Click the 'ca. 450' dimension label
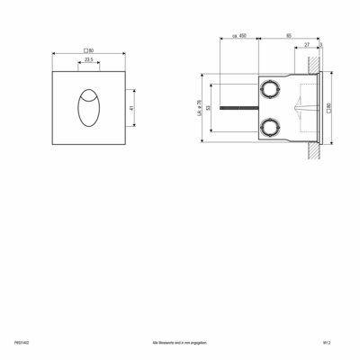point(239,38)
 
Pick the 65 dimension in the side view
point(287,38)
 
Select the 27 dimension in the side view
point(307,45)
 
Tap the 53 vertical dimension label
point(208,107)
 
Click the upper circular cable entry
point(270,89)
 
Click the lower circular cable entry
point(270,125)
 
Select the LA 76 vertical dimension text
point(198,107)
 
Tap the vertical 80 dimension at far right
point(328,107)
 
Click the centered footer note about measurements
point(179,343)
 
